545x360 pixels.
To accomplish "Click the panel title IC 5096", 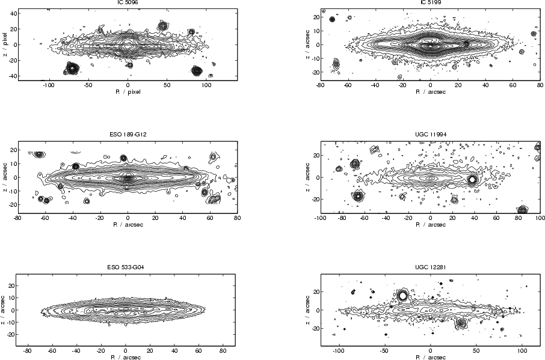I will point(127,2).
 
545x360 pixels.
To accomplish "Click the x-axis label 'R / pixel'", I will point(127,93).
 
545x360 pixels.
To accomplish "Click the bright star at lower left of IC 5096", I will point(72,68).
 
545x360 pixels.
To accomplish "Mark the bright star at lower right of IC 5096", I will point(197,70).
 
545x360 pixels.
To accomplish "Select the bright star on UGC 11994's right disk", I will point(472,179).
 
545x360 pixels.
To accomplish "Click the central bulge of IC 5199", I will point(430,44).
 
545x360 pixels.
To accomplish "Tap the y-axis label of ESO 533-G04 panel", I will point(4,310).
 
